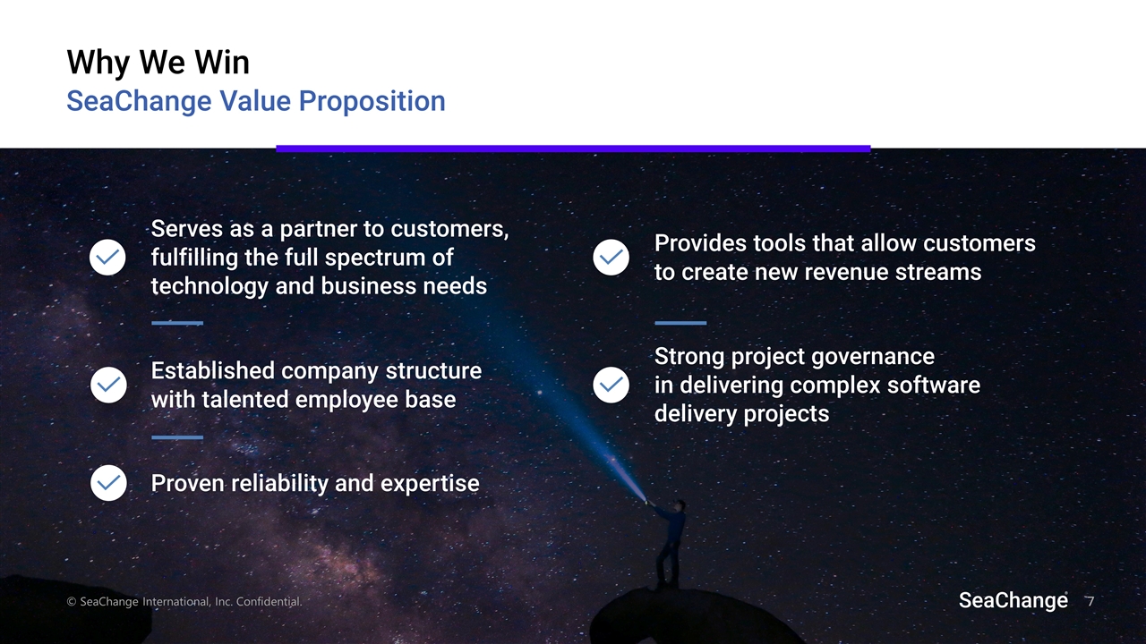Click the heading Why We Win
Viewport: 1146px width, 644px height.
[x=158, y=63]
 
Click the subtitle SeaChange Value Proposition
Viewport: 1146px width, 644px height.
[x=255, y=101]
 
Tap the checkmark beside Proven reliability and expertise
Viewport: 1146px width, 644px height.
[x=107, y=483]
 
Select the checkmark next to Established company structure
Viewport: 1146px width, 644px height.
[x=107, y=385]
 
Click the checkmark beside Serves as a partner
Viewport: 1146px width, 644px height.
[x=107, y=258]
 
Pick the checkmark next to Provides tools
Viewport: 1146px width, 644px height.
[x=611, y=258]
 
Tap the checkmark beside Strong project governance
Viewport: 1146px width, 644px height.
[x=611, y=385]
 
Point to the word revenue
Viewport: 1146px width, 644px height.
[x=854, y=272]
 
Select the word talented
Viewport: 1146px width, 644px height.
[x=247, y=399]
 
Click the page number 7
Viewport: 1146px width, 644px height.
[x=1090, y=601]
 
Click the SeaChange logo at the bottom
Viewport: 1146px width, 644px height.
[x=1013, y=600]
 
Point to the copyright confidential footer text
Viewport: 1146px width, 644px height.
[x=184, y=602]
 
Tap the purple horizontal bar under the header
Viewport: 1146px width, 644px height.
[x=573, y=148]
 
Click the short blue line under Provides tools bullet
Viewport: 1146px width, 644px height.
[x=680, y=323]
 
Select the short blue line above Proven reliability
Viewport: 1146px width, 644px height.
[x=177, y=437]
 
